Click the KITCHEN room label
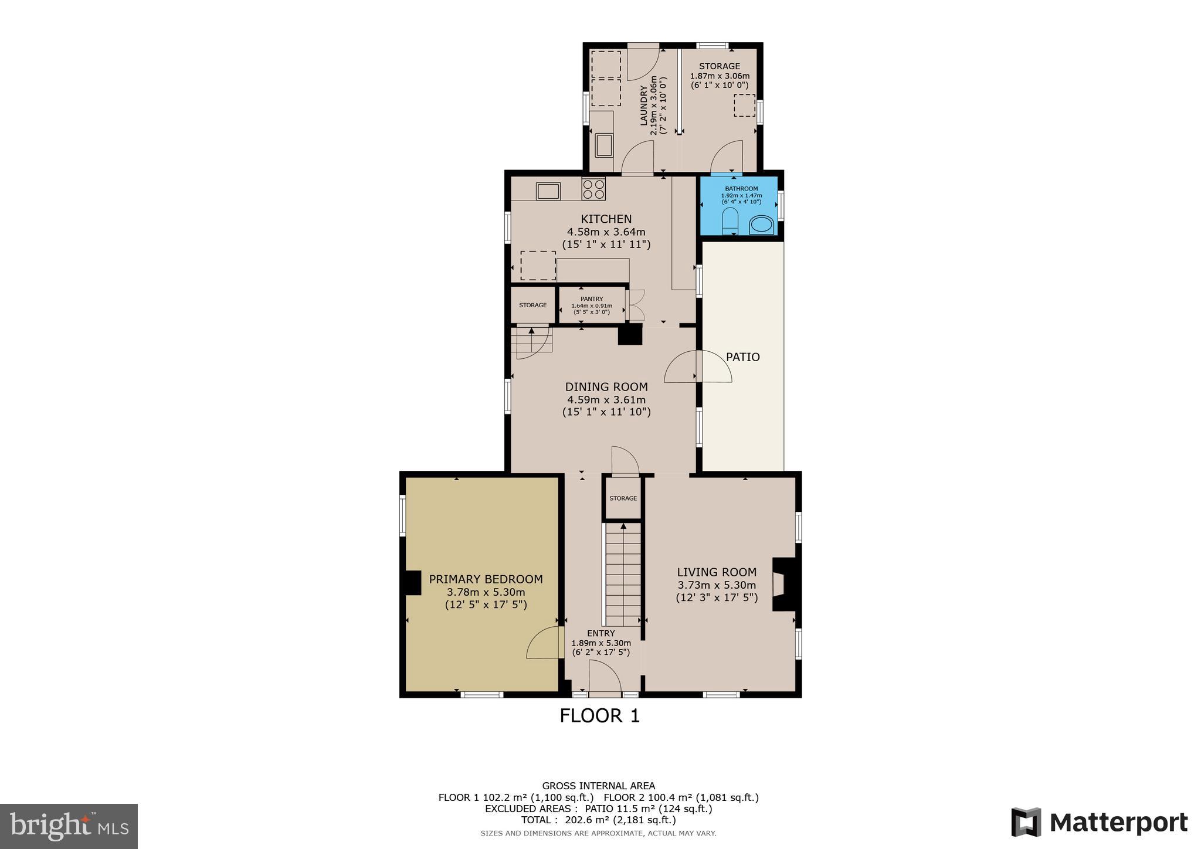pos(606,219)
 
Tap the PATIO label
pos(742,357)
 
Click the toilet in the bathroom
pos(730,221)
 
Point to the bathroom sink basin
pos(762,225)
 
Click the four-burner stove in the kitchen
pos(593,189)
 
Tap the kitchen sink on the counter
pos(548,191)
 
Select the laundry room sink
pos(604,145)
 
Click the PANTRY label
pos(592,299)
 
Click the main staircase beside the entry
pos(623,575)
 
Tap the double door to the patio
pos(698,367)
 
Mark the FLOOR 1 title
pos(599,716)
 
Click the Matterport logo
pos(1099,822)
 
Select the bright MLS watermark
pos(69,826)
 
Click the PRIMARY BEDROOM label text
pos(486,579)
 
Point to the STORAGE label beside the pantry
pos(532,305)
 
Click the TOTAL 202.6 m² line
pos(598,820)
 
